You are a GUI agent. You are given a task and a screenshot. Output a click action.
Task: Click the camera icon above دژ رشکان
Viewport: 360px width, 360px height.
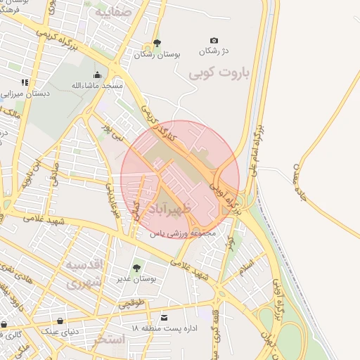(214, 41)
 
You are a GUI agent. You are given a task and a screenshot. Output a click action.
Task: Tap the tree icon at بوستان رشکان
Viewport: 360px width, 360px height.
(156, 44)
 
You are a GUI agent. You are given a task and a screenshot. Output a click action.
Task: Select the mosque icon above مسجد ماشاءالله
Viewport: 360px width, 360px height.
(97, 75)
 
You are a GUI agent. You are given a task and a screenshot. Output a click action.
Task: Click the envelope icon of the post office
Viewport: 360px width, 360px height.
(165, 318)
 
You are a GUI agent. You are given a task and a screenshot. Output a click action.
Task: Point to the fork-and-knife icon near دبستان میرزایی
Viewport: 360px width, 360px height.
(25, 83)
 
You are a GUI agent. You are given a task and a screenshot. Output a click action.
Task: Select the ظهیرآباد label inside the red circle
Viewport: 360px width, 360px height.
(186, 209)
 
